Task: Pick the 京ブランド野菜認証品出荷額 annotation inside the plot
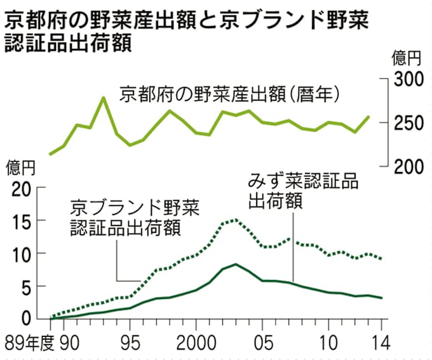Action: pyautogui.click(x=135, y=217)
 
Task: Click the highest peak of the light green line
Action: pyautogui.click(x=104, y=98)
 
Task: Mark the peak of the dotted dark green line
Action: pyautogui.click(x=236, y=220)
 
